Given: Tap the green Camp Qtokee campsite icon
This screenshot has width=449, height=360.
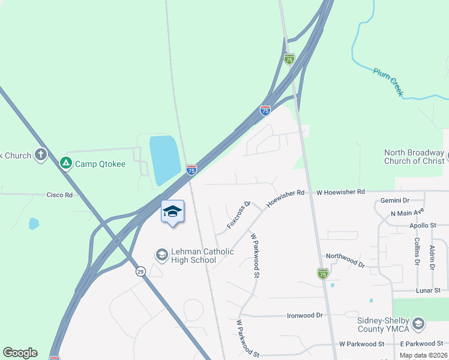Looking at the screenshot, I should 65,163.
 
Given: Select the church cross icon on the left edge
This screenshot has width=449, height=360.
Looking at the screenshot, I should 41,155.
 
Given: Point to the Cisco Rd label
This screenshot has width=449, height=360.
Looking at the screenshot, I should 59,195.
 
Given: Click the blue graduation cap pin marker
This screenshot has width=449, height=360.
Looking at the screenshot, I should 172,212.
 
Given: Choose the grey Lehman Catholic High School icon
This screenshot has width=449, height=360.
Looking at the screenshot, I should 161,255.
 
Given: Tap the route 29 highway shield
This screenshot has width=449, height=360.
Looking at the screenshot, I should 139,271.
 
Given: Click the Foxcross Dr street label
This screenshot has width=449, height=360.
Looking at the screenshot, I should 238,215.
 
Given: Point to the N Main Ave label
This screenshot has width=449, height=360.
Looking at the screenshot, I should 407,213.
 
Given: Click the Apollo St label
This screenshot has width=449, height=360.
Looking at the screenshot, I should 424,225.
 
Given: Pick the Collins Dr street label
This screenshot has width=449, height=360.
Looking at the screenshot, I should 417,251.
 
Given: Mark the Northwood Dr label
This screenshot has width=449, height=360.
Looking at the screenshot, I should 345,260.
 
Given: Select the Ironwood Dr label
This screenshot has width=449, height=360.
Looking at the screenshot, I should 305,315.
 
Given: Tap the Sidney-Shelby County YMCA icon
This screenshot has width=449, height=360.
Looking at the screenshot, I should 418,324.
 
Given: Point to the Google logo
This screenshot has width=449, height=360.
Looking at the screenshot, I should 20,353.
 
